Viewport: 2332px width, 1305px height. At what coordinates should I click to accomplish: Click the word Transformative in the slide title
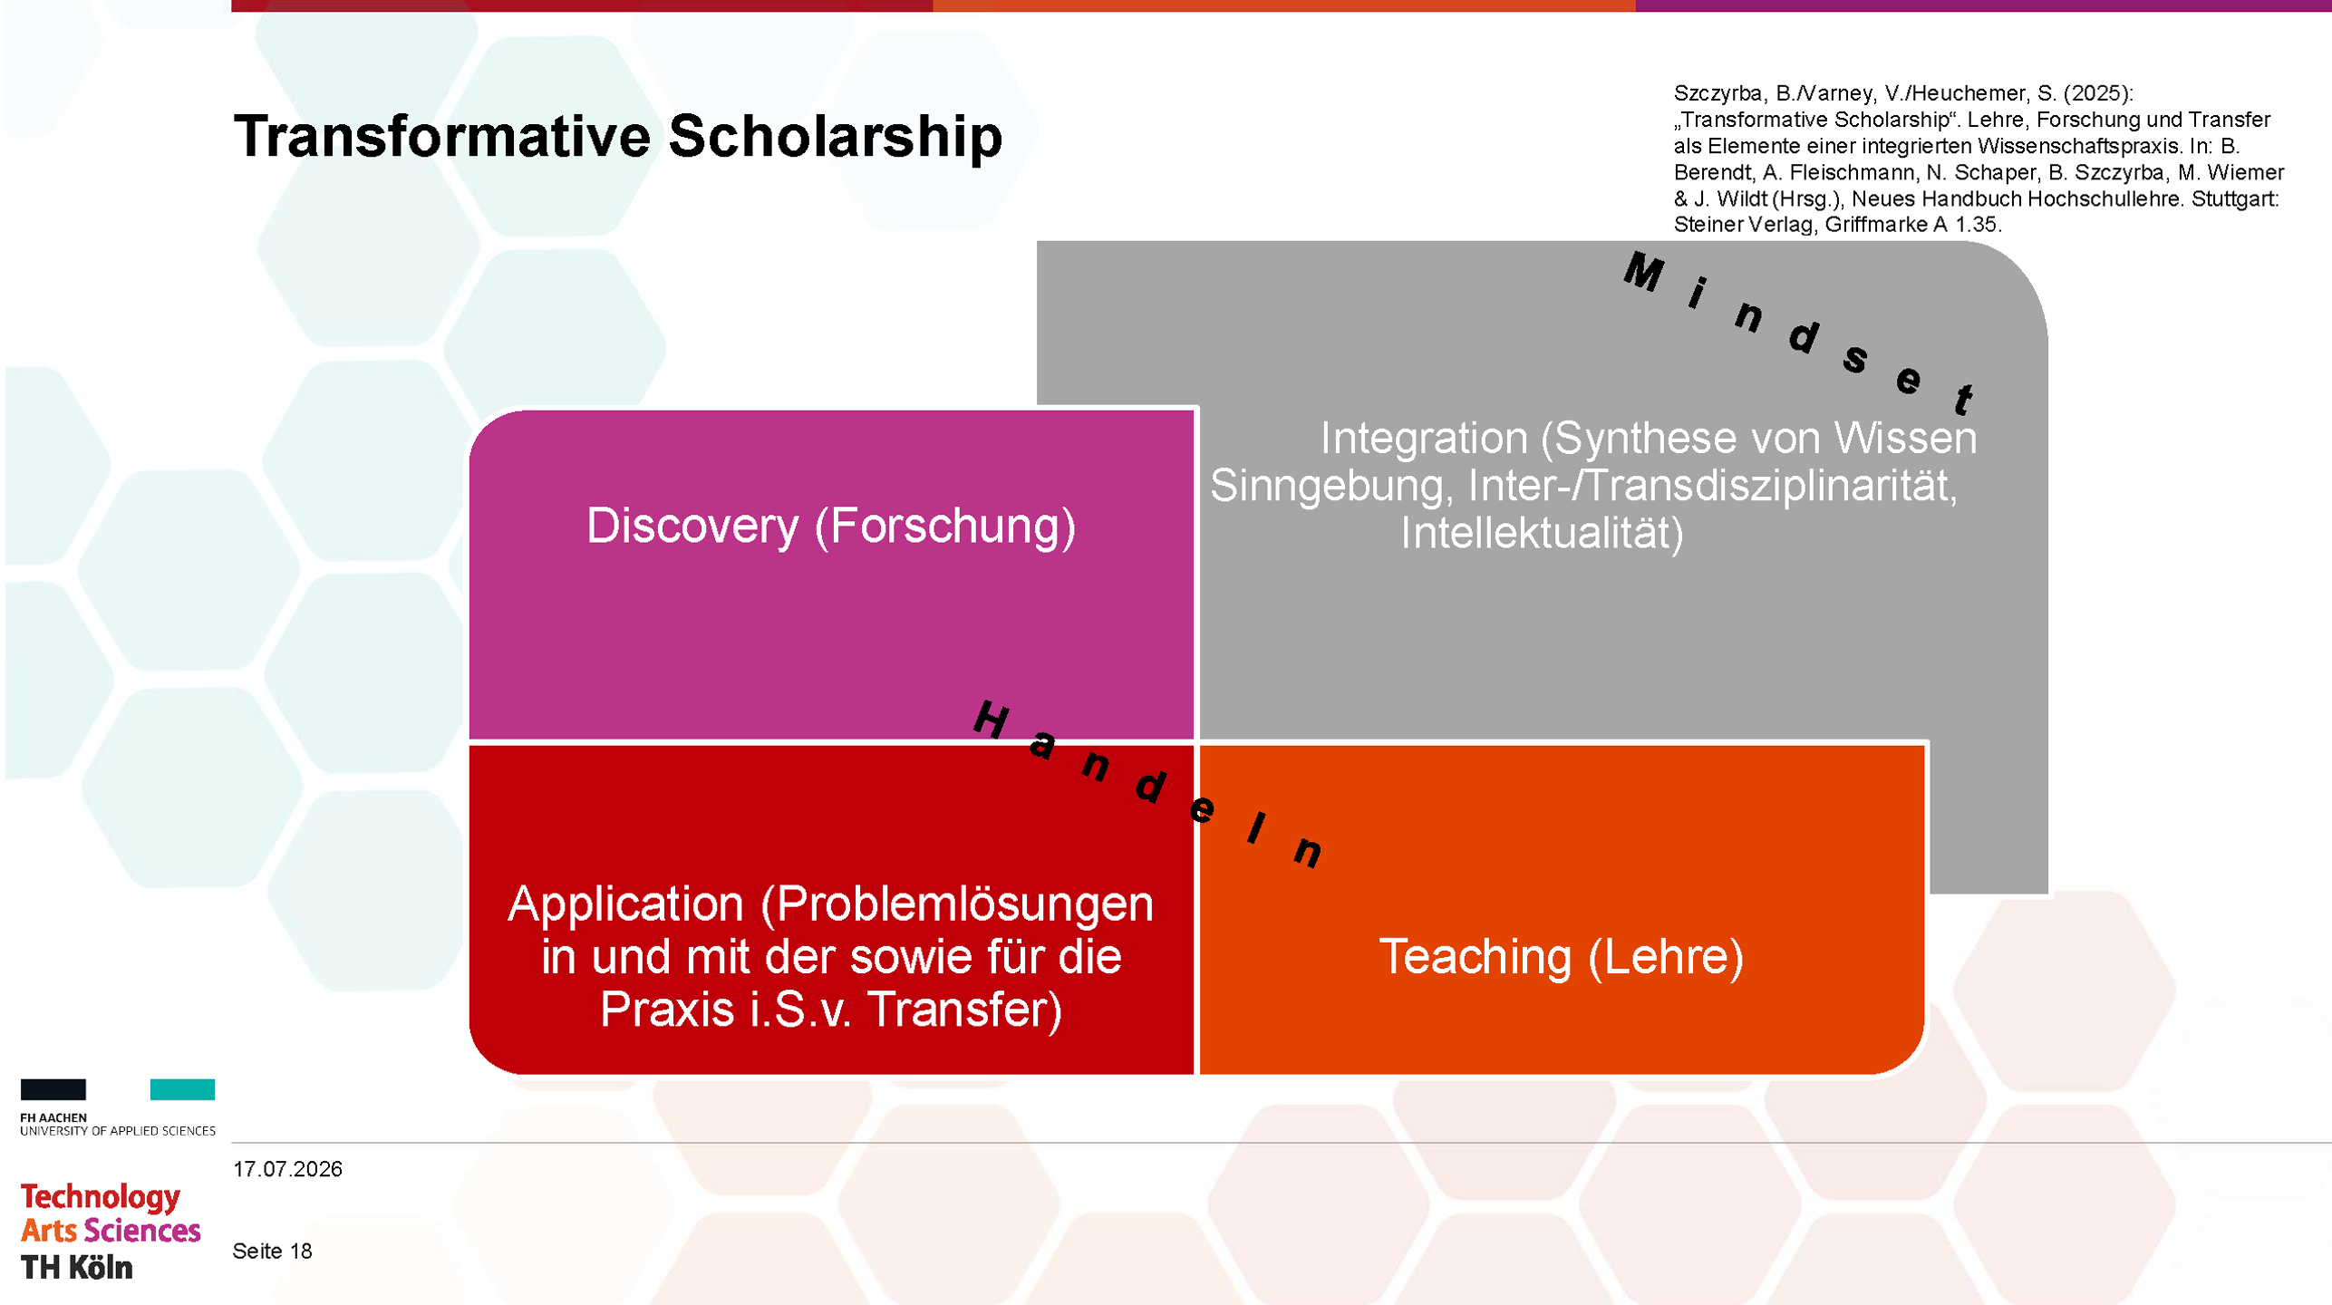442,136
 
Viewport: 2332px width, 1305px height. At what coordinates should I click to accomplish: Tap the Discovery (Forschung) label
831,527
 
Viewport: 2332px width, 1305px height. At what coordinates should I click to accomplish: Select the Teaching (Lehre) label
1561,957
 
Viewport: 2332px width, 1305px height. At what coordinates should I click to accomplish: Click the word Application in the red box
625,904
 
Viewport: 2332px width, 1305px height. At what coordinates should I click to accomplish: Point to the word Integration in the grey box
1424,439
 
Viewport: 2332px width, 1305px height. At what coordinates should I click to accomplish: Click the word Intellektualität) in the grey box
1542,533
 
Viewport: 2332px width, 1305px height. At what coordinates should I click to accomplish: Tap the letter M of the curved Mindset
1644,272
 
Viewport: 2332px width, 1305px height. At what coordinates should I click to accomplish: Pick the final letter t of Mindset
1964,399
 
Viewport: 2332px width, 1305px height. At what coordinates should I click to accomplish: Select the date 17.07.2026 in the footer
287,1169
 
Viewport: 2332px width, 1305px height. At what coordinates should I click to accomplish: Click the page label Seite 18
272,1252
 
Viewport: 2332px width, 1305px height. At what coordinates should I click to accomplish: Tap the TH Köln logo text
77,1268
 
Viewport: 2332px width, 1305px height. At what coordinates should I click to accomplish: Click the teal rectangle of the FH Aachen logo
182,1089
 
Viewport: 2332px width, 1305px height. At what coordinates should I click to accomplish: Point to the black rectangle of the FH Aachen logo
53,1089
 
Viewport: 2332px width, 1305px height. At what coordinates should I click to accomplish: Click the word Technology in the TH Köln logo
101,1198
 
